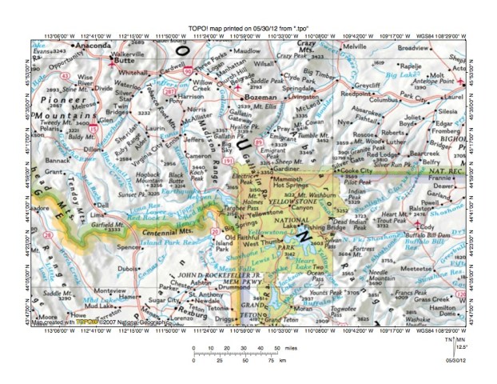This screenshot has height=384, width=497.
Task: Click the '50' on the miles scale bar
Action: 278,349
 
